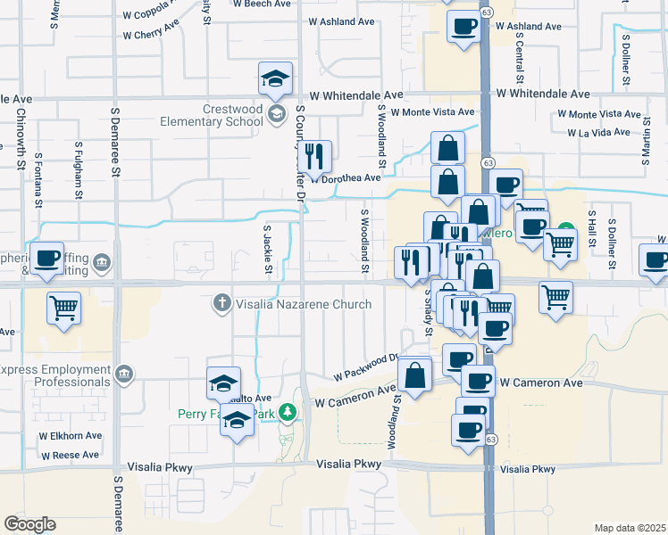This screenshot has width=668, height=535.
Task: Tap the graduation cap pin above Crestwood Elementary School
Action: pyautogui.click(x=276, y=79)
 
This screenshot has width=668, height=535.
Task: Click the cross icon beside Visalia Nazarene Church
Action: pyautogui.click(x=222, y=304)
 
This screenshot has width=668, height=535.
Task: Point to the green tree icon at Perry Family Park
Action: pyautogui.click(x=287, y=413)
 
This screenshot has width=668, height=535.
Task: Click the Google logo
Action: pyautogui.click(x=29, y=524)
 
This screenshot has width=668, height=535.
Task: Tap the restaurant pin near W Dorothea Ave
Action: pyautogui.click(x=313, y=157)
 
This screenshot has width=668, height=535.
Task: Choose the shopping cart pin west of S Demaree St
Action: pyautogui.click(x=64, y=309)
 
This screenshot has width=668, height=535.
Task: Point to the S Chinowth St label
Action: pyautogui.click(x=20, y=138)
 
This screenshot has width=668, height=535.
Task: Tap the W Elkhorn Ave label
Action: pyautogui.click(x=69, y=436)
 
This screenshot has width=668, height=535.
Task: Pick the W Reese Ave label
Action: pyautogui.click(x=69, y=455)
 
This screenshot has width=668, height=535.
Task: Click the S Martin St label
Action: pyautogui.click(x=645, y=146)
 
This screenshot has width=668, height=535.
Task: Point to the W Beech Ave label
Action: pyautogui.click(x=262, y=4)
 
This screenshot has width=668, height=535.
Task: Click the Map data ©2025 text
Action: pyautogui.click(x=630, y=528)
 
